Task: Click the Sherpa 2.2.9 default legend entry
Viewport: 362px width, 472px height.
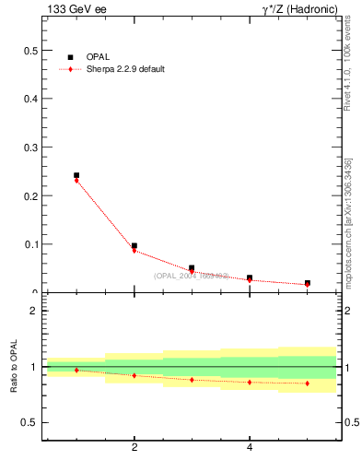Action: tap(124, 69)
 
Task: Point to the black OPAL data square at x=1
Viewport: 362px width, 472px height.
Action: tap(76, 175)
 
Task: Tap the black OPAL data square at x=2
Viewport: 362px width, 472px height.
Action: tap(134, 246)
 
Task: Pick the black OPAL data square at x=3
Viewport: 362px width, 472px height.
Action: tap(192, 268)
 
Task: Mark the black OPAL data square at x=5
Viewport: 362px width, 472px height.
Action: tap(308, 283)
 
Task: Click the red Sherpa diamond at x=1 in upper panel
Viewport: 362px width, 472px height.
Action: tap(76, 181)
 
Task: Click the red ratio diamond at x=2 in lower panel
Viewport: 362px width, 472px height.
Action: tap(134, 375)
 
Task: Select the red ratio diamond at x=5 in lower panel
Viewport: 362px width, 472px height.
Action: tap(308, 383)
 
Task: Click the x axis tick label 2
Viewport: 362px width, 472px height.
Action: tap(134, 448)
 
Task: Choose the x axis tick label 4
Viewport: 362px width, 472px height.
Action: tap(250, 448)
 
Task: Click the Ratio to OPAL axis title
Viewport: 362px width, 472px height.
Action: tap(14, 369)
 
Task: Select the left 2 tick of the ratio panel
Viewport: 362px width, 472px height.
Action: tap(33, 311)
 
